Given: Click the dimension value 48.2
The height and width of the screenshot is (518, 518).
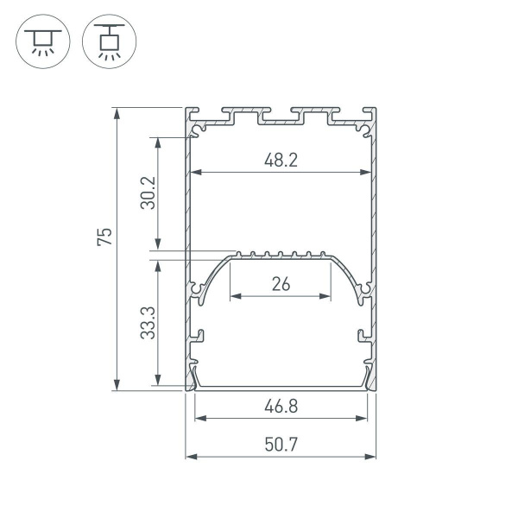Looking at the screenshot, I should click(281, 160).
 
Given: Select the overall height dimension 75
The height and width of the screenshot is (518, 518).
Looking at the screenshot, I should click(104, 238).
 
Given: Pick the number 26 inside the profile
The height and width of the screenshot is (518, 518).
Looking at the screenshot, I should click(281, 284).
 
